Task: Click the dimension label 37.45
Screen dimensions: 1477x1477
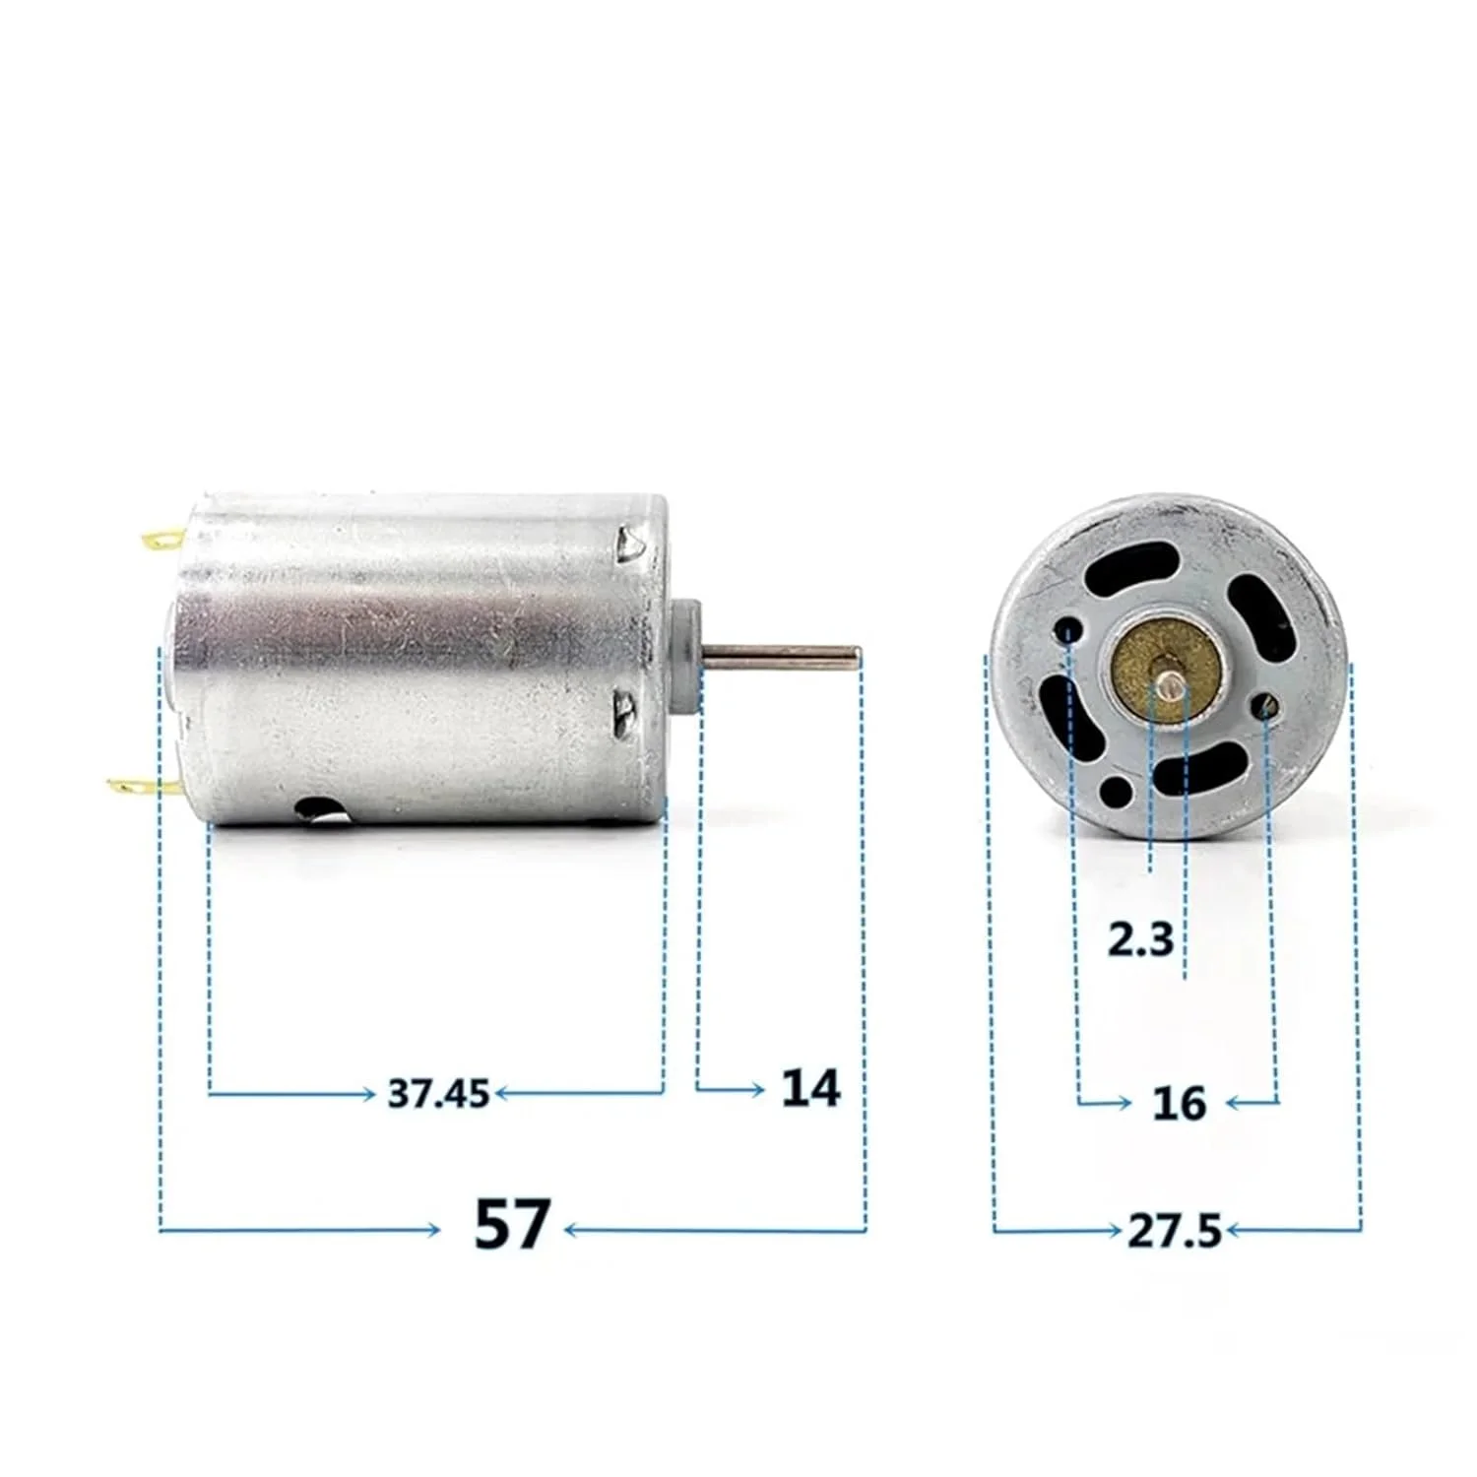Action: [437, 1093]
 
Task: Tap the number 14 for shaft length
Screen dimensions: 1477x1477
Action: [810, 1088]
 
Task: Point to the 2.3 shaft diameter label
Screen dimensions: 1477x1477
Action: [1140, 939]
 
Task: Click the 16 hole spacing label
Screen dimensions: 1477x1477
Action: [1179, 1104]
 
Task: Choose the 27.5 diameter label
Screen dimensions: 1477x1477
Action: [1174, 1231]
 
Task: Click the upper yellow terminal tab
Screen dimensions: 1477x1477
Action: [161, 539]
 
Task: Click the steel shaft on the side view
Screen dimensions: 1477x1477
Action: [783, 653]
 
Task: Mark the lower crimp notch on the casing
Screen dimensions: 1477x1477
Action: [624, 709]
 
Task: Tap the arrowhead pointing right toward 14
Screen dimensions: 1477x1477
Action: [756, 1089]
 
